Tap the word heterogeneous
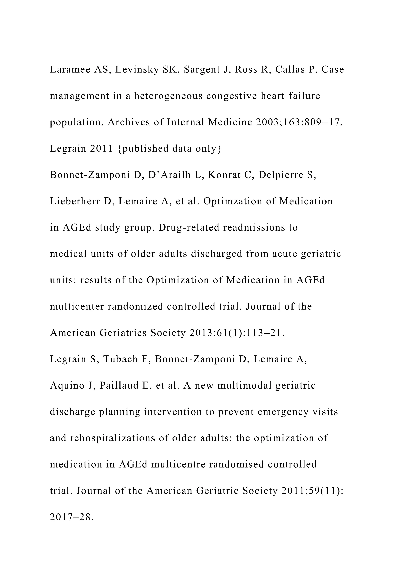click(168, 96)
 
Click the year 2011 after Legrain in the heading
click(101, 149)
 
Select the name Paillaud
click(119, 386)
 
